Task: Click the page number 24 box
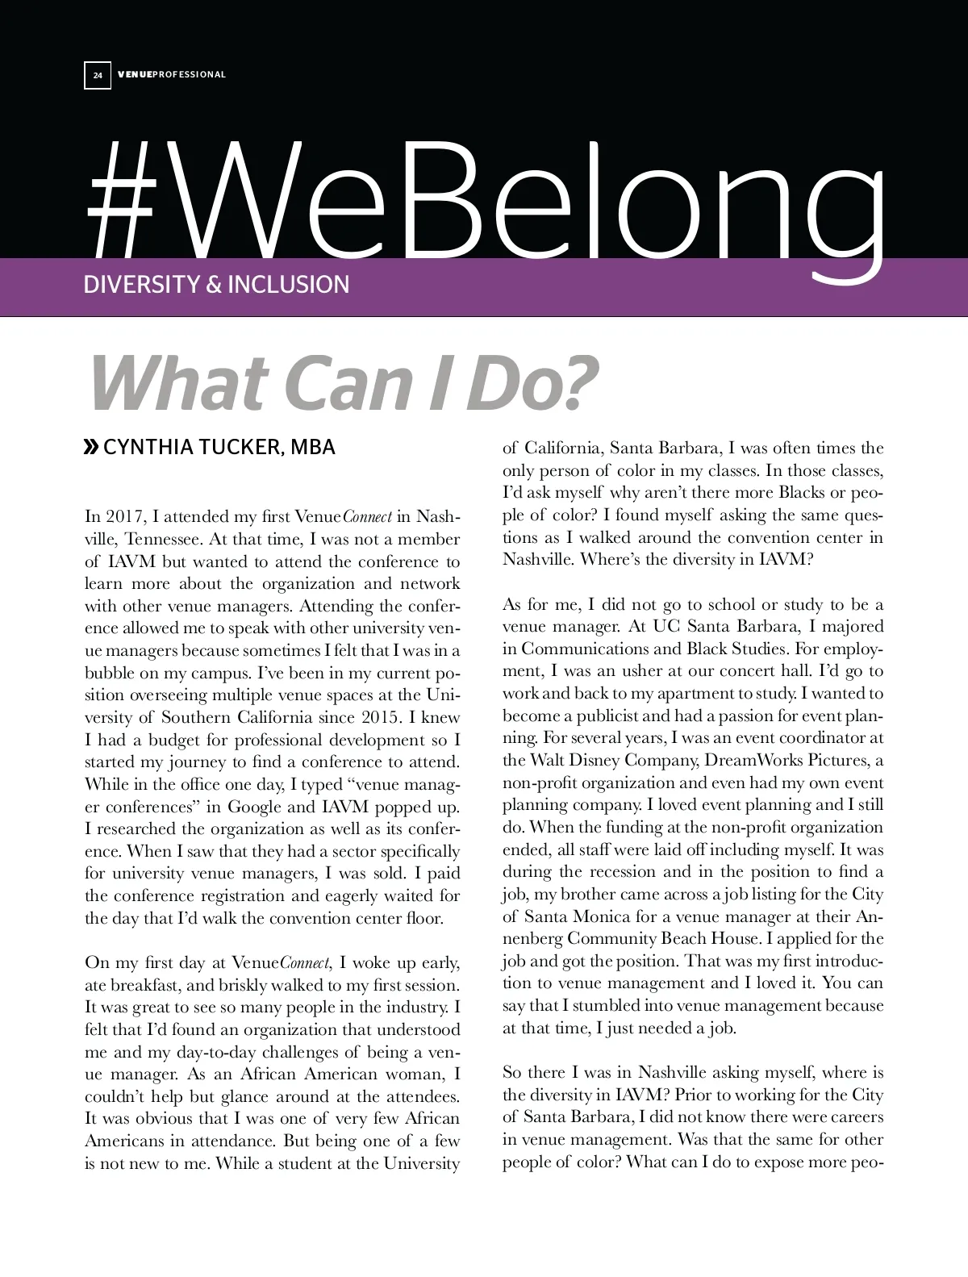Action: [x=98, y=75]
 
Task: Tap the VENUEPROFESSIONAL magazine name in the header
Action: [x=172, y=75]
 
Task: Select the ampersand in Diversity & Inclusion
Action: [x=214, y=285]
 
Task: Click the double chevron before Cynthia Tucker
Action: [x=92, y=447]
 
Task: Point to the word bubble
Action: [x=110, y=673]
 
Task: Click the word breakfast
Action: [x=147, y=985]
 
